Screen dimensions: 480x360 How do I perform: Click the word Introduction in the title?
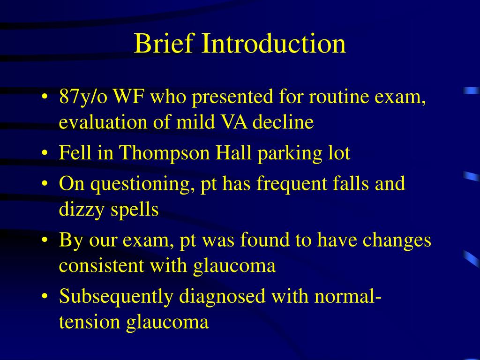[x=274, y=43]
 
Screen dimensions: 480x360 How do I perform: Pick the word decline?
[x=283, y=121]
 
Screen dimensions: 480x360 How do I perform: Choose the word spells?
[x=135, y=210]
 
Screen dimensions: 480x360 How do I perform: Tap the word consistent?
[x=101, y=265]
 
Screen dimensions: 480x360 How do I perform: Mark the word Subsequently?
[x=116, y=297]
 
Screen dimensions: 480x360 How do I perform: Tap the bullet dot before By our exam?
[x=45, y=240]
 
